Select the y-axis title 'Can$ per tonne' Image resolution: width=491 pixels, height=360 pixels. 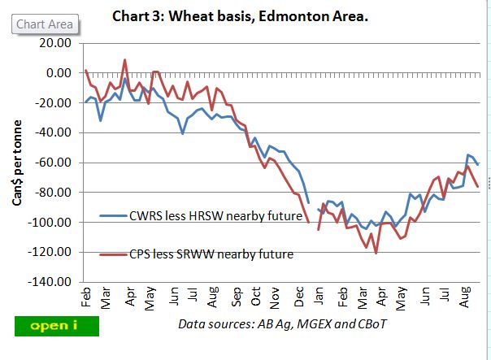click(17, 163)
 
